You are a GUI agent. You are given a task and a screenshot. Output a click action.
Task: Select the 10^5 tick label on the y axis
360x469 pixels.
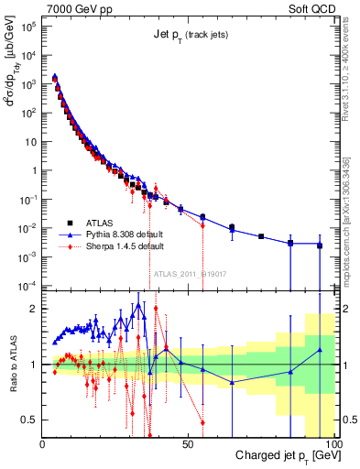(x=27, y=28)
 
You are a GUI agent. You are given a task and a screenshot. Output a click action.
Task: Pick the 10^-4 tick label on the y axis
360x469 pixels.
(x=27, y=285)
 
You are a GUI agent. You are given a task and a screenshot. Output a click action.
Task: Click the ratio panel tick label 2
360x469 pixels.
(x=33, y=309)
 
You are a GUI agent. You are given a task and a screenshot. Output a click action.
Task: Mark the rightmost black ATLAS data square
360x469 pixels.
(x=320, y=245)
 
